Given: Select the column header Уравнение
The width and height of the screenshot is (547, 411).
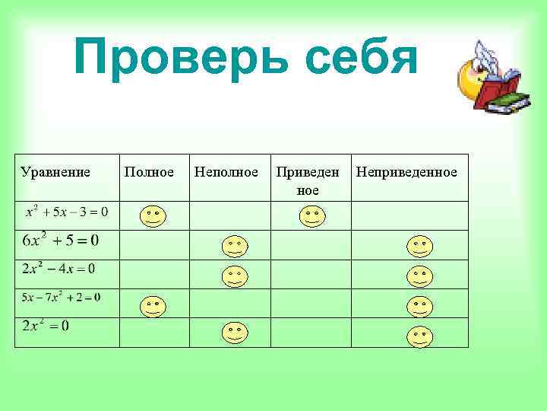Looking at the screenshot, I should click(x=55, y=172).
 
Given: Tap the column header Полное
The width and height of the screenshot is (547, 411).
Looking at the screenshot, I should click(x=149, y=172).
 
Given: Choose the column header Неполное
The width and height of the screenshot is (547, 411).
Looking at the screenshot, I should click(x=226, y=172).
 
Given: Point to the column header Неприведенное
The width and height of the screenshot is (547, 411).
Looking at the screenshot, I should click(x=406, y=172).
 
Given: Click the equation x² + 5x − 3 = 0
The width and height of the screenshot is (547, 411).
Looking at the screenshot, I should click(x=67, y=210).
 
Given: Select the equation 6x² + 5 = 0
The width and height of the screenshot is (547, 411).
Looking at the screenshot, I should click(x=61, y=241).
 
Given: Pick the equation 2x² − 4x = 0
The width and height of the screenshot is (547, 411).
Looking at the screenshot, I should click(x=58, y=269).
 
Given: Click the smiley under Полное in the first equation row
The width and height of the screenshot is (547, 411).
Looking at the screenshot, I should click(x=153, y=217).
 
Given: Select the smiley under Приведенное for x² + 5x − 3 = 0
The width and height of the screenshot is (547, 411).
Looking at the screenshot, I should click(x=311, y=217).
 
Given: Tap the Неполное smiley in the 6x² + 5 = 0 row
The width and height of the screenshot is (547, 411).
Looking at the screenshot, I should click(x=234, y=247).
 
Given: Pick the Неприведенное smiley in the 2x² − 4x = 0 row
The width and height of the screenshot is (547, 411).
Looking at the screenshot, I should click(x=419, y=276).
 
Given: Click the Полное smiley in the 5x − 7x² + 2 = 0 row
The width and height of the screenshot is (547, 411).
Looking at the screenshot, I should click(x=153, y=306).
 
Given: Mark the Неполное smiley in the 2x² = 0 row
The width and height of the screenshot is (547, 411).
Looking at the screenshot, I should click(x=234, y=333).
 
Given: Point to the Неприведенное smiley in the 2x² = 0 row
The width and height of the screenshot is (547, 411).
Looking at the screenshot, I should click(x=419, y=335).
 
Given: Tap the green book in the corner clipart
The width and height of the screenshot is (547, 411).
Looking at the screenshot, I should click(x=507, y=102).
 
